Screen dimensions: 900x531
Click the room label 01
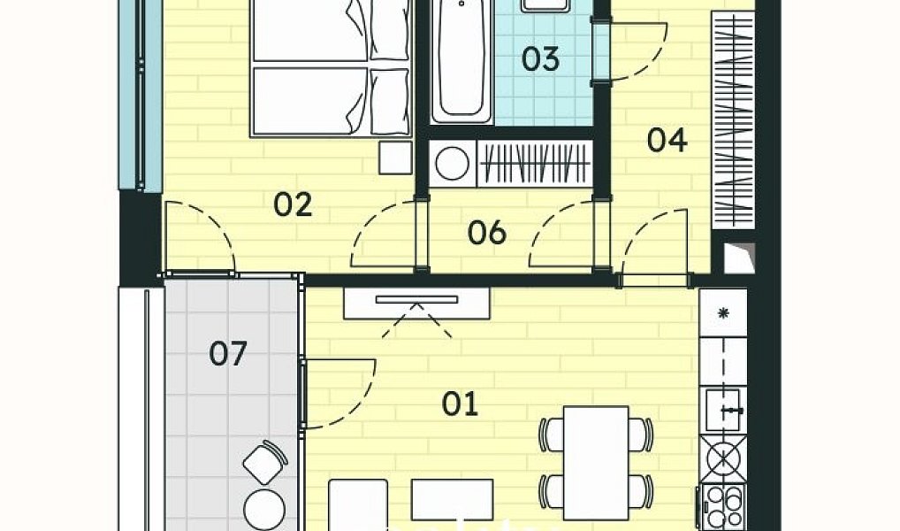(x=460, y=404)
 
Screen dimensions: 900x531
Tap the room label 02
(x=293, y=204)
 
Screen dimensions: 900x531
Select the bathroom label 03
(x=540, y=59)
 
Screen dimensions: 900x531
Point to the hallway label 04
(x=667, y=140)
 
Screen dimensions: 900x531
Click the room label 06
(x=487, y=232)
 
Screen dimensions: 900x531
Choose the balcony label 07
(x=228, y=353)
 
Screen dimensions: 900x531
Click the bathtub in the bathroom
(x=461, y=60)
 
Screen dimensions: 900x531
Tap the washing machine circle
(x=453, y=164)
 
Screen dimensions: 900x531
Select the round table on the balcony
(x=264, y=510)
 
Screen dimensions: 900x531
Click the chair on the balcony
(x=264, y=461)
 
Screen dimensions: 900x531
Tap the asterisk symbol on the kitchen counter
(x=723, y=313)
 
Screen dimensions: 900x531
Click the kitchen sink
(x=723, y=409)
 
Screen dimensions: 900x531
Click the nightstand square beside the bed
(x=395, y=158)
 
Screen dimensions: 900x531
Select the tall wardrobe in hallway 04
(x=732, y=119)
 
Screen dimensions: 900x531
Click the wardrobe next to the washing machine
(x=535, y=164)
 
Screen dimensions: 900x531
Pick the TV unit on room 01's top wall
(x=416, y=304)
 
